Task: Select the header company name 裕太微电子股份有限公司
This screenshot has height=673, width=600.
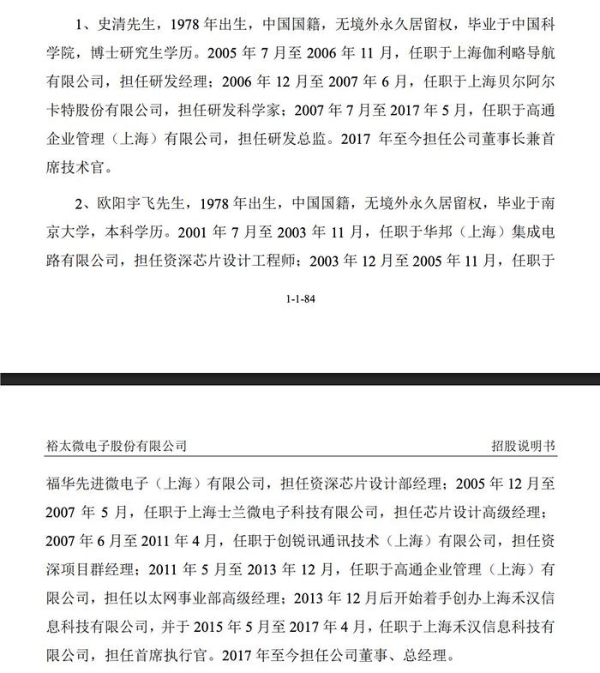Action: (116, 446)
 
